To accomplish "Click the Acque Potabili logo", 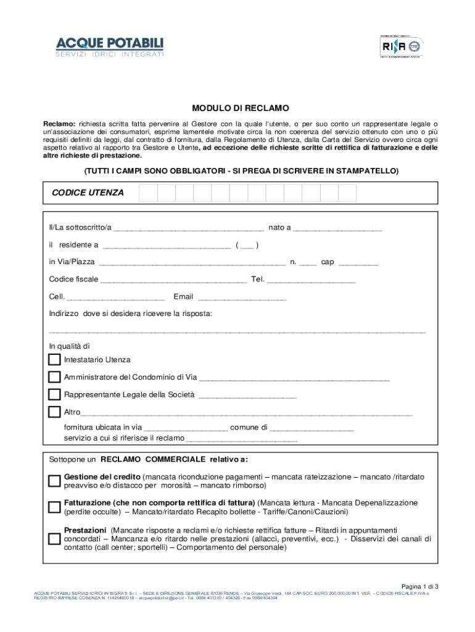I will pos(110,48).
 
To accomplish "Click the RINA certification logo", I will pos(402,46).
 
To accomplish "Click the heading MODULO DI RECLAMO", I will pos(240,107).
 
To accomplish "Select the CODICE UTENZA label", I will pos(88,193).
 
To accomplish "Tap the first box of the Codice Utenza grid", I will pos(148,193).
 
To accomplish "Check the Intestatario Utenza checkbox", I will pos(54,360).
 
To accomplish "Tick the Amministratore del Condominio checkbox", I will pos(54,377).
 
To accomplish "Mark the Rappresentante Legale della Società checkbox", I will pos(54,394).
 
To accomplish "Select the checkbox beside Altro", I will pos(54,412).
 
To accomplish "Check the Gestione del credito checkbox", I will pos(54,481).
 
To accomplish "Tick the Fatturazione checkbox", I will pos(54,507).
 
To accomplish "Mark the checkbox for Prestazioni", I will pos(54,538).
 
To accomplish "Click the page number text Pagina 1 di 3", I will pos(419,586).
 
